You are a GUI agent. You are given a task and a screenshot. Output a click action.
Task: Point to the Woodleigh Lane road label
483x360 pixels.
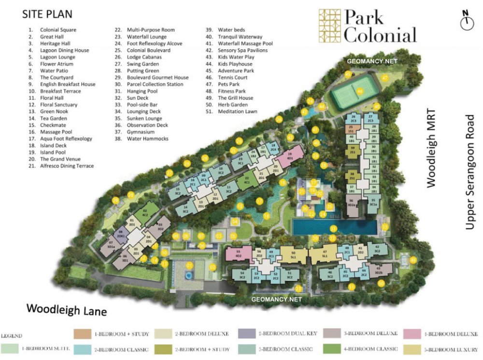tap(66, 309)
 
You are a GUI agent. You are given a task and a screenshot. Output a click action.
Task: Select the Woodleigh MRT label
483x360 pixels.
tap(431, 148)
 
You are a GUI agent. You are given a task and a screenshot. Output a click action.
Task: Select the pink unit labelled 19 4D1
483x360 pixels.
tap(290, 156)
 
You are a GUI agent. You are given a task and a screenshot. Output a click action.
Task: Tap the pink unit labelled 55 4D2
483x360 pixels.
tap(238, 254)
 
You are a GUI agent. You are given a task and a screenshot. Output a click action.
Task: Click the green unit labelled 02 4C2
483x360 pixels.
tap(144, 213)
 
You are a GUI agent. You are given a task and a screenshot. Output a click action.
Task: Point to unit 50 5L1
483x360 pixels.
tap(293, 255)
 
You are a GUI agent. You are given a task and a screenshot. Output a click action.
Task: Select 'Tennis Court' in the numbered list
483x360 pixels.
tap(232, 77)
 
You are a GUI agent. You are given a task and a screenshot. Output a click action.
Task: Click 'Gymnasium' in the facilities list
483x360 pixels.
tap(141, 132)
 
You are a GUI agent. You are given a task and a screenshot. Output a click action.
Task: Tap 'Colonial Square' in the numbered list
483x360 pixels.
tap(58, 30)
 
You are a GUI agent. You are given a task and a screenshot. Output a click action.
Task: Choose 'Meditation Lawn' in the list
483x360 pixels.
tap(237, 111)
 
